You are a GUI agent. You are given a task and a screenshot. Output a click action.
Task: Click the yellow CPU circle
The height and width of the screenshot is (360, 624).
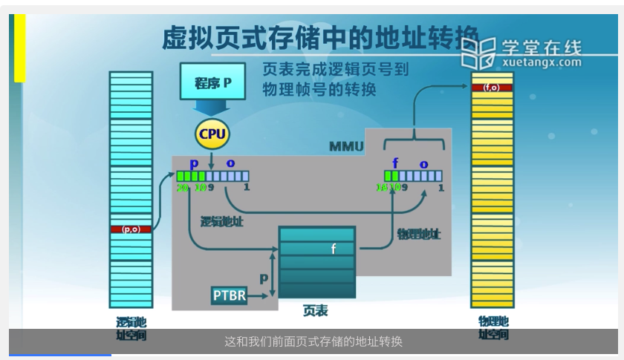tap(212, 134)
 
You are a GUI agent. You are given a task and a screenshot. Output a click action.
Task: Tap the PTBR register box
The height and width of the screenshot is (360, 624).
tap(229, 295)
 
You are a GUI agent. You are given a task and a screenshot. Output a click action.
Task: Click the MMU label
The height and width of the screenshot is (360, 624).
tap(346, 146)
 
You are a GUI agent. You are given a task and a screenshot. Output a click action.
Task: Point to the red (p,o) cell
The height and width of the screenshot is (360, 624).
tap(131, 229)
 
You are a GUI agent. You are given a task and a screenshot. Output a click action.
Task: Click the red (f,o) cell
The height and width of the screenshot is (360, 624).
tap(492, 88)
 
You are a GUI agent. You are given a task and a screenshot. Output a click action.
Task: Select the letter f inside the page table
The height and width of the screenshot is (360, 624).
tap(333, 249)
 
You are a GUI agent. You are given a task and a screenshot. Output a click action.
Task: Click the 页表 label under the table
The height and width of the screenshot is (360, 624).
tap(315, 310)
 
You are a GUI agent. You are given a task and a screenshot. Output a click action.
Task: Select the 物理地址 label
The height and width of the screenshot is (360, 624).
tap(418, 234)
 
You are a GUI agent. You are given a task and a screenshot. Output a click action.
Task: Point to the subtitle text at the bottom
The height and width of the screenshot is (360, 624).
tap(313, 341)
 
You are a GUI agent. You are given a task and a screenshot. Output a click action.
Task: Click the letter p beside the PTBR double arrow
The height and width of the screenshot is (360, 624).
tap(263, 278)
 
